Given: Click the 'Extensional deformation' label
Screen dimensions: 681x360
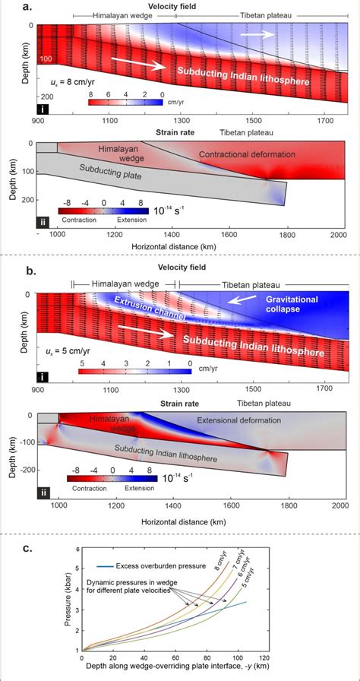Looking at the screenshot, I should point(238,420).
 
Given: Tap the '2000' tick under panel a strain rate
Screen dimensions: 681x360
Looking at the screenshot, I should point(338,235).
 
